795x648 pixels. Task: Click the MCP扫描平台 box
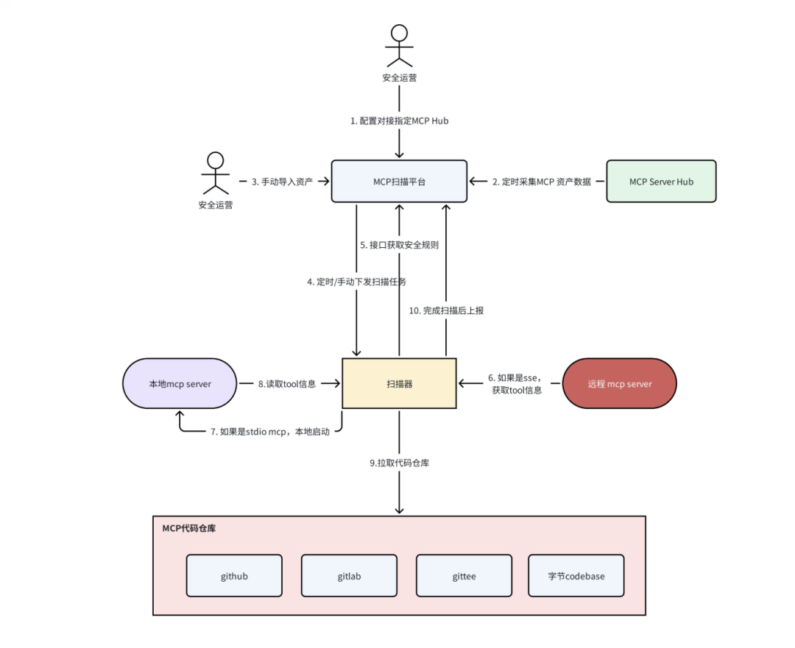click(399, 181)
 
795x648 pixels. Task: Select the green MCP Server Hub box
click(661, 181)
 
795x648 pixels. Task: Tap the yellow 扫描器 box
click(399, 383)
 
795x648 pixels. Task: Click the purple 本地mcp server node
click(180, 383)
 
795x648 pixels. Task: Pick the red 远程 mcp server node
click(619, 383)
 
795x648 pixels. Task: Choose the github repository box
click(234, 575)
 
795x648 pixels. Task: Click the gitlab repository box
click(349, 575)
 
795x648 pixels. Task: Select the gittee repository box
click(464, 575)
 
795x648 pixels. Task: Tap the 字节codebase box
click(576, 575)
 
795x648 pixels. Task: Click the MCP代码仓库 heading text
click(189, 528)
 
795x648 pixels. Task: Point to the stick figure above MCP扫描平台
click(399, 45)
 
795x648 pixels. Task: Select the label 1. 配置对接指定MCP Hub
click(399, 121)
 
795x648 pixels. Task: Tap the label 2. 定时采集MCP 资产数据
click(542, 181)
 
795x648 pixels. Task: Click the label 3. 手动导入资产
click(283, 181)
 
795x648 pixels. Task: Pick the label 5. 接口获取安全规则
click(399, 245)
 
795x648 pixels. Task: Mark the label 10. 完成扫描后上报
click(446, 310)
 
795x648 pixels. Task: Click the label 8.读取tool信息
click(286, 383)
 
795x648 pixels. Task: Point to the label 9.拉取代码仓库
click(399, 463)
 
